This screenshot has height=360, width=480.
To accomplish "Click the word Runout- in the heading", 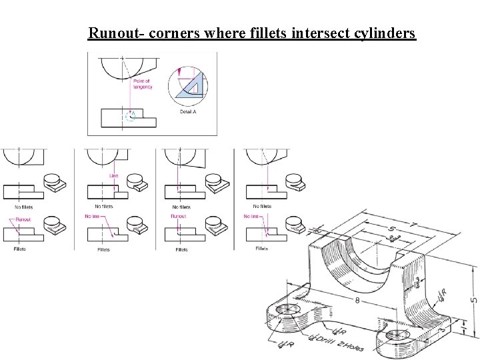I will pyautogui.click(x=116, y=33).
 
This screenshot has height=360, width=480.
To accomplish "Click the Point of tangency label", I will pyautogui.click(x=142, y=84).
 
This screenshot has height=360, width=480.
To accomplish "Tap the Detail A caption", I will pyautogui.click(x=188, y=112).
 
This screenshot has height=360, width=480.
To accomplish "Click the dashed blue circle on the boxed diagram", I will pyautogui.click(x=131, y=116).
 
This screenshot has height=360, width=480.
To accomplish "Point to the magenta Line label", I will pyautogui.click(x=114, y=176).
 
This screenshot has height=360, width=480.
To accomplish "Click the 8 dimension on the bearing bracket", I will pyautogui.click(x=358, y=301).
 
